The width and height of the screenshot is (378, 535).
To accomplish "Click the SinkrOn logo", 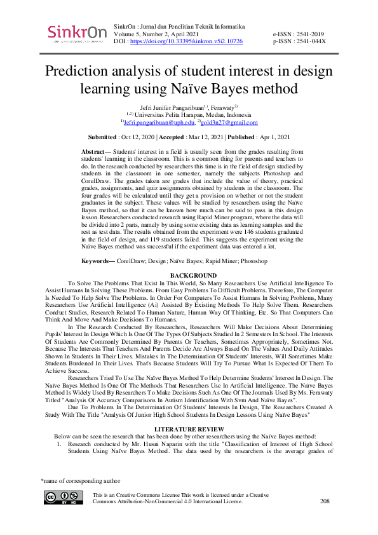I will [74, 34].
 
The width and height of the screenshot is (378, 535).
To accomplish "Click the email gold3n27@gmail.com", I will [229, 122].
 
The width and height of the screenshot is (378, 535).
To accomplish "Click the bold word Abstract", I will [96, 152].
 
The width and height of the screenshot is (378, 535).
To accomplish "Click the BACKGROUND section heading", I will [189, 275].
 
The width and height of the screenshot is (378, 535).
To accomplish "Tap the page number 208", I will [325, 501].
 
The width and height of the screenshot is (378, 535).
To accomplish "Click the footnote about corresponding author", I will [79, 481].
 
